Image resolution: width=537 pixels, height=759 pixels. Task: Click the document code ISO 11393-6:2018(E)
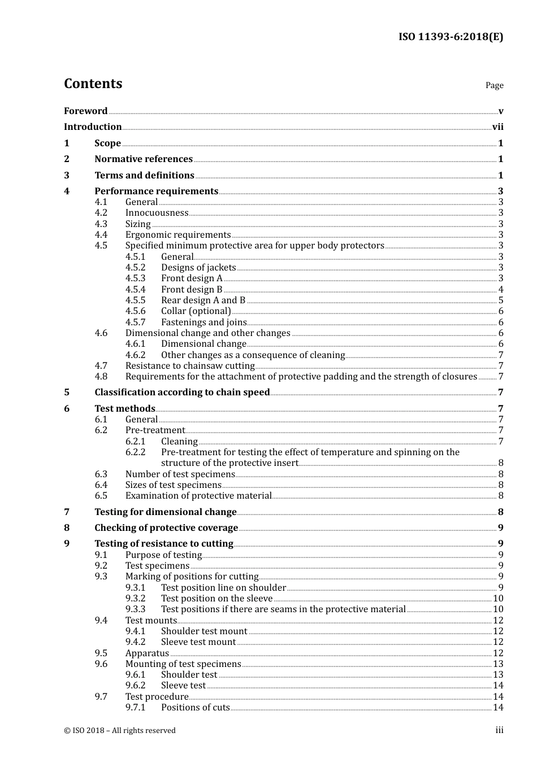[x=451, y=37]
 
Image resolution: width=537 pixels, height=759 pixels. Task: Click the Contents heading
[x=93, y=84]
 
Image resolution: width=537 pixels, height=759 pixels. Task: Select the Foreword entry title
[x=85, y=111]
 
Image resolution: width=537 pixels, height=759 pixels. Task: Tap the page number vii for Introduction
[x=497, y=127]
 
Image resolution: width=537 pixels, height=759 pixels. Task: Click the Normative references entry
[x=144, y=159]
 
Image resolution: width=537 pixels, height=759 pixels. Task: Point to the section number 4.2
[x=101, y=213]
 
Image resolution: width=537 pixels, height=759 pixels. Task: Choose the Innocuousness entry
[x=157, y=213]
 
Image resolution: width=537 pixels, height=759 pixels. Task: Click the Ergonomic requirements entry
[x=178, y=235]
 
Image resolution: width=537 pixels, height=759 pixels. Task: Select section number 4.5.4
[x=135, y=290]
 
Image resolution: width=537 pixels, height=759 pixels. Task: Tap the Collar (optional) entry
[x=196, y=311]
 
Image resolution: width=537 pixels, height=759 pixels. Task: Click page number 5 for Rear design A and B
[x=501, y=300]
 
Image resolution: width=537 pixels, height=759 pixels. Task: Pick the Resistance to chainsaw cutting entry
[x=190, y=366]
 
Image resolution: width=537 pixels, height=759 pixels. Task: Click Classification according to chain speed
[x=182, y=392]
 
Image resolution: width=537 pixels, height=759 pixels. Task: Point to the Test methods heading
[x=124, y=409]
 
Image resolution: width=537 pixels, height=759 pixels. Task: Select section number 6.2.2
[x=135, y=452]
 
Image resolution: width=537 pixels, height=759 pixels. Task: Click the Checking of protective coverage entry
[x=166, y=528]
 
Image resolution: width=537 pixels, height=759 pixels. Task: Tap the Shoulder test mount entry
[x=204, y=631]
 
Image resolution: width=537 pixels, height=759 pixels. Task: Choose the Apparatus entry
[x=147, y=653]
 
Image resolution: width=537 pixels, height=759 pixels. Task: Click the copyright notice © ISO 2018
[x=120, y=731]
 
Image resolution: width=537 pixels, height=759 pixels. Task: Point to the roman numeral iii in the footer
[x=499, y=730]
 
